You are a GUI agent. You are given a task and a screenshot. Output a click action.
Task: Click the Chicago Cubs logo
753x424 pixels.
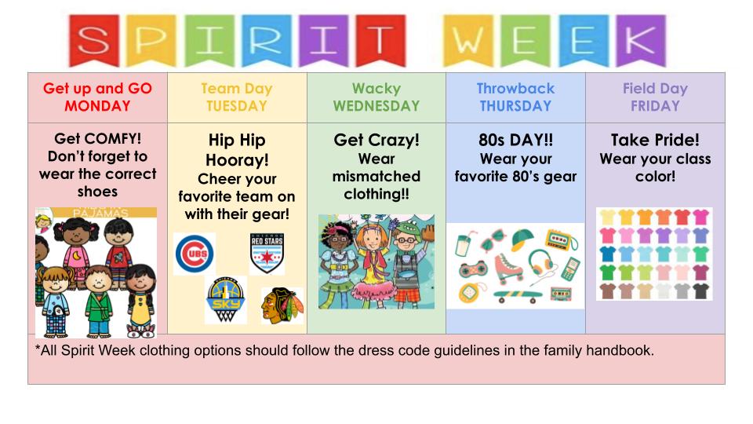pos(195,254)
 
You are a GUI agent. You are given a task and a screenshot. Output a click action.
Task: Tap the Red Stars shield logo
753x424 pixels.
pos(267,253)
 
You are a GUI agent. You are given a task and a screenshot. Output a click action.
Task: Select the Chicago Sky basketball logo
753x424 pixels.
pos(225,300)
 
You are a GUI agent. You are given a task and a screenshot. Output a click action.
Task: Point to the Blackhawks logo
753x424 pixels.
pos(282,305)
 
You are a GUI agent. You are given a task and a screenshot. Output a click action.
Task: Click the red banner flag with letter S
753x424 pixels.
pos(93,40)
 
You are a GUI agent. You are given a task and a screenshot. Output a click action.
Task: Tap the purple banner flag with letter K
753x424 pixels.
pos(641,40)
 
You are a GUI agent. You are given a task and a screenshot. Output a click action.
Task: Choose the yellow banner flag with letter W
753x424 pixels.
pos(467,40)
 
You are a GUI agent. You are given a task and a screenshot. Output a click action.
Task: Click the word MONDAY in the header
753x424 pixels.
pos(97,106)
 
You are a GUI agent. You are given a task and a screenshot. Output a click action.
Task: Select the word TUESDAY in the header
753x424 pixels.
pos(237,106)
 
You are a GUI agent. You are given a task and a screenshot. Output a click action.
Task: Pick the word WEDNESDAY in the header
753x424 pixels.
pos(376,106)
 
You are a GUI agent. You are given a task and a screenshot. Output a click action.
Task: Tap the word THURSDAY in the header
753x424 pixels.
pos(516,106)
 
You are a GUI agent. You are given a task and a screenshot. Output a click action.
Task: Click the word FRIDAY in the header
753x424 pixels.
pos(655,106)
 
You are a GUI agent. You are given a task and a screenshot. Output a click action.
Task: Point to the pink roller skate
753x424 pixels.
pos(509,267)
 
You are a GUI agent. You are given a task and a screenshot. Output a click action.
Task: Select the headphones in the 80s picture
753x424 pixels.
pos(540,262)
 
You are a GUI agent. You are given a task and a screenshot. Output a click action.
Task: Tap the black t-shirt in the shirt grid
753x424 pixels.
pos(700,291)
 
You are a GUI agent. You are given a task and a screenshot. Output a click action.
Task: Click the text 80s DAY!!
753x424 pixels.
pos(516,140)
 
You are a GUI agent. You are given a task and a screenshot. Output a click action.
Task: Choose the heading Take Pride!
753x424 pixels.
pos(655,140)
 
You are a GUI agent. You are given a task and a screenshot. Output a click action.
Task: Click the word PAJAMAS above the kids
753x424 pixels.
pos(100,213)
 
